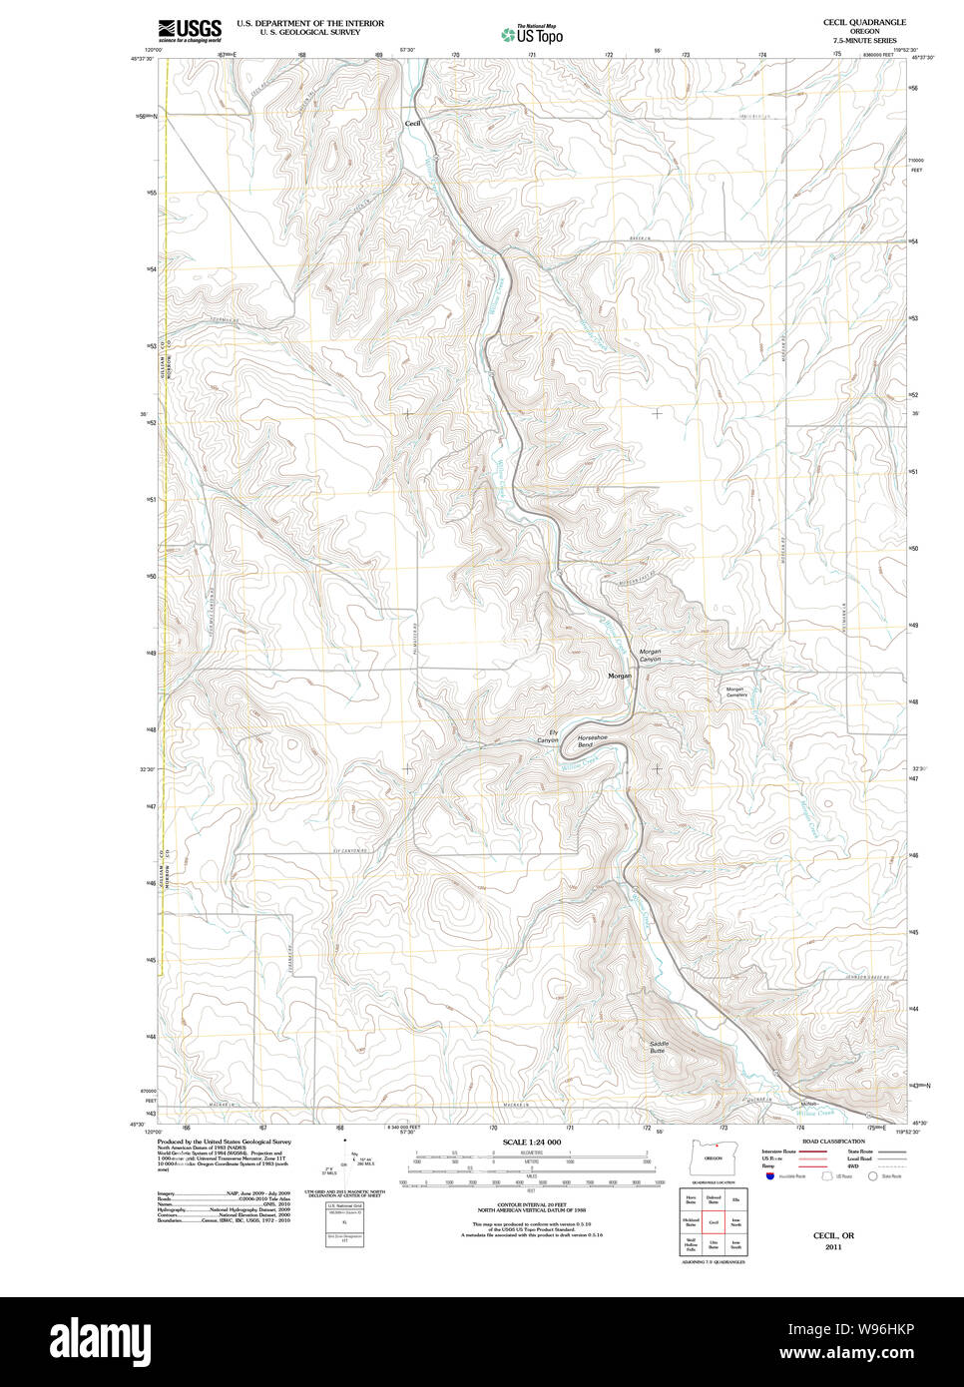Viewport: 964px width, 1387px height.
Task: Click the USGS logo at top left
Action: coord(189,29)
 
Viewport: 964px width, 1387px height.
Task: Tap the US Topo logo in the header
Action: coord(532,35)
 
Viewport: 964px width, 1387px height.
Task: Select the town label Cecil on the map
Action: coord(412,123)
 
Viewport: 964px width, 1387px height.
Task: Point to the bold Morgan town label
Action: coord(620,676)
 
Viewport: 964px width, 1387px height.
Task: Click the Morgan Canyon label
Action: coord(650,656)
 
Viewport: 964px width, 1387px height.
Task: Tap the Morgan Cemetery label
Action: coord(735,692)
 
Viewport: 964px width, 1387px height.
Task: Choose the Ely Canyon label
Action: coord(548,736)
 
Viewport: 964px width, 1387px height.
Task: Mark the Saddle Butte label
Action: coord(658,1047)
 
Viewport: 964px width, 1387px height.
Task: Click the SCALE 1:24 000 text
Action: coord(531,1142)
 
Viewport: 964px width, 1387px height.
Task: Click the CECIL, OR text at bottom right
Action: coord(833,1235)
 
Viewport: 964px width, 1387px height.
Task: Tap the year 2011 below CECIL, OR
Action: coord(833,1246)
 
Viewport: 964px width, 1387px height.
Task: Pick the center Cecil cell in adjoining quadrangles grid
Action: coord(713,1221)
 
